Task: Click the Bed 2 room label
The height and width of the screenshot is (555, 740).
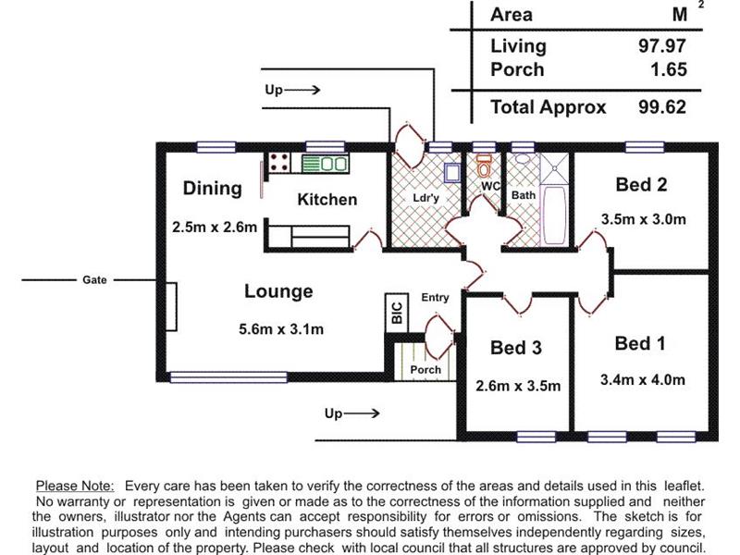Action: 641,184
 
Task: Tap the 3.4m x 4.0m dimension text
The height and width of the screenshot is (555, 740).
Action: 642,379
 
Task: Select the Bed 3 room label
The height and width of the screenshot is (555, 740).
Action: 516,348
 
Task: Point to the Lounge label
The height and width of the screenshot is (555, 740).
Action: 278,291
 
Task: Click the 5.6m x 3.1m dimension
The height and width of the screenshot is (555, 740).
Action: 281,329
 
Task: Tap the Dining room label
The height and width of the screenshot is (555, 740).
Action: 213,189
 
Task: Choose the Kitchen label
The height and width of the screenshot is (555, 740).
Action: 327,200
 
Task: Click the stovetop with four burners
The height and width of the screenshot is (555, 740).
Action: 279,163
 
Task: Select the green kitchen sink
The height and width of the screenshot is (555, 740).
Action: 326,164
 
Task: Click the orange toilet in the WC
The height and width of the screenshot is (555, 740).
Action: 484,166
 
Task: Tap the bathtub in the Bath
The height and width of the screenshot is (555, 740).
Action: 554,216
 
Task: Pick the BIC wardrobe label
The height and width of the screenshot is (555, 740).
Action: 397,313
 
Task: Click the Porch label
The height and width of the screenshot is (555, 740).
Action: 425,369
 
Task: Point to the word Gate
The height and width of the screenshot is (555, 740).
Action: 94,280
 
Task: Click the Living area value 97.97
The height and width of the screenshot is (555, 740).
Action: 662,45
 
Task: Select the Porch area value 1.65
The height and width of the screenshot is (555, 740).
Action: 669,70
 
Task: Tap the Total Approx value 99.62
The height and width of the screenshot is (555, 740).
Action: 662,107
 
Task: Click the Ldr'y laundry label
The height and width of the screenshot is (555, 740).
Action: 425,198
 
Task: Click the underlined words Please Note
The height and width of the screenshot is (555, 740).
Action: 75,486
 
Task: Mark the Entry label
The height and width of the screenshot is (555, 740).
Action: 435,297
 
